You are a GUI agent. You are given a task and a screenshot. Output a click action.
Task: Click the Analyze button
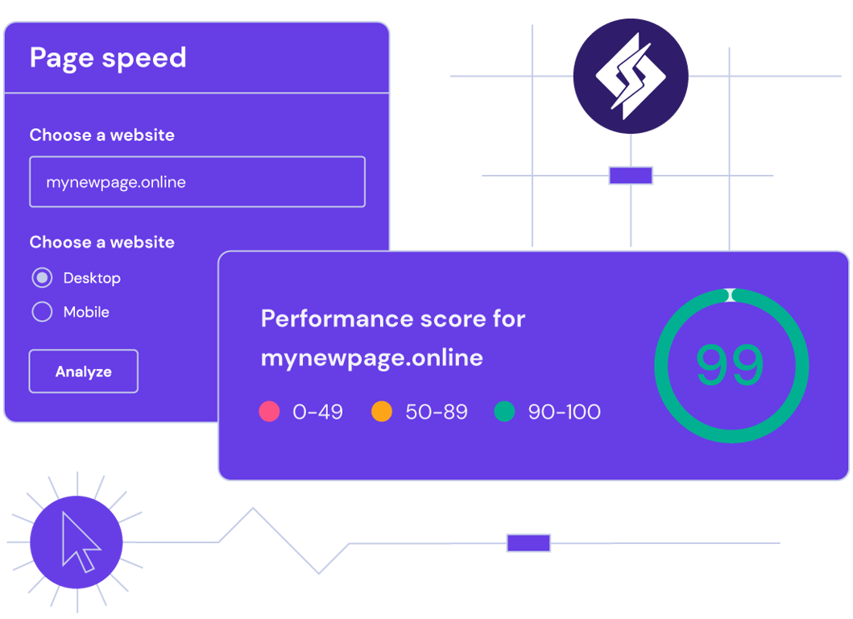(x=84, y=372)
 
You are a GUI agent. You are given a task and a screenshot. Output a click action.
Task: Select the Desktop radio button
(x=42, y=278)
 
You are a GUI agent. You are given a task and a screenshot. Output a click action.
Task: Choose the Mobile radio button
(x=42, y=312)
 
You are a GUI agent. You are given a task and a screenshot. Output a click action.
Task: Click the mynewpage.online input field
(x=197, y=182)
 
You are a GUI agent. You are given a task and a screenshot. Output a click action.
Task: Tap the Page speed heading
(x=108, y=58)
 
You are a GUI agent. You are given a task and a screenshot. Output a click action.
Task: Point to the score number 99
(x=730, y=365)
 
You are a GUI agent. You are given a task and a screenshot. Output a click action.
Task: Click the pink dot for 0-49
(x=269, y=412)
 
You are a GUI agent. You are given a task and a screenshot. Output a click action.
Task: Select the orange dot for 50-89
(x=382, y=412)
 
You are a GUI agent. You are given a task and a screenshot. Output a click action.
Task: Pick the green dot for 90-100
(x=504, y=412)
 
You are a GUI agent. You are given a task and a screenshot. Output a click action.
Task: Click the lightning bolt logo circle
(x=631, y=76)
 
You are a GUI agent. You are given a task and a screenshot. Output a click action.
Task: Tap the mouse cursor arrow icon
(x=80, y=542)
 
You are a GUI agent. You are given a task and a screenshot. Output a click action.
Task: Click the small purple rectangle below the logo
(x=631, y=175)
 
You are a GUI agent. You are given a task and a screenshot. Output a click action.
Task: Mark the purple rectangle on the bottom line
(x=528, y=542)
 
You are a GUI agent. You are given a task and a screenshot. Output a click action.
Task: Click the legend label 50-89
(x=437, y=412)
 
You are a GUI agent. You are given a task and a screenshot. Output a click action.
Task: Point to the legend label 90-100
(x=564, y=412)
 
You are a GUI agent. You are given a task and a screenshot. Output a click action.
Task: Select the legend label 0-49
(x=317, y=412)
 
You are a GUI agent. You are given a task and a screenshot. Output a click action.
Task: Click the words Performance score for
(x=393, y=318)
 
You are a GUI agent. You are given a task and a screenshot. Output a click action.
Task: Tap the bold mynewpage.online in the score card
(x=372, y=357)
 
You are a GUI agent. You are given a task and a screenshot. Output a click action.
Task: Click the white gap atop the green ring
(x=730, y=295)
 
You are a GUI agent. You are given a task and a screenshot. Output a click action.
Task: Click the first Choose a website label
(x=102, y=135)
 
